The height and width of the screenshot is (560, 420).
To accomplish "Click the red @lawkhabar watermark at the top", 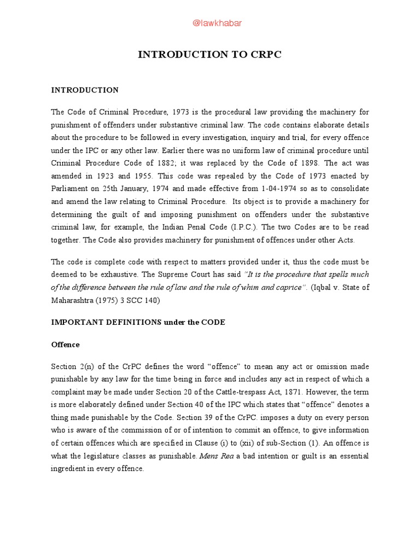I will (x=210, y=22).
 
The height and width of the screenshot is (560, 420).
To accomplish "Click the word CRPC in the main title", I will (x=263, y=55).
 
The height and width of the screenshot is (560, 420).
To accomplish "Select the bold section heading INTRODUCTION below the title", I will (x=85, y=90).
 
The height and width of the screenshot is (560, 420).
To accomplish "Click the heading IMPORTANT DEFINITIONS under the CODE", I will (x=138, y=322).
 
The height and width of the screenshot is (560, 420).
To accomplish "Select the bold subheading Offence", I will (x=65, y=345).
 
